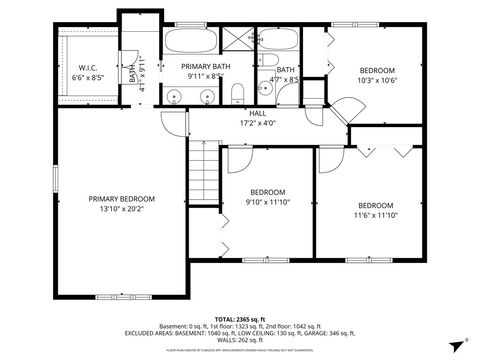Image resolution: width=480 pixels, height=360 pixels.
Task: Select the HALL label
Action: click(257, 113)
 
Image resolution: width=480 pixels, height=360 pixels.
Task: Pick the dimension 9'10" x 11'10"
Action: click(267, 202)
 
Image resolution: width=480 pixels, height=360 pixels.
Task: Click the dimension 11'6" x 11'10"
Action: click(376, 214)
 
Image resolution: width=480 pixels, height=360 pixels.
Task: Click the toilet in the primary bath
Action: click(236, 95)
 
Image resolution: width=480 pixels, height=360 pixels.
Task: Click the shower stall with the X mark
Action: click(240, 42)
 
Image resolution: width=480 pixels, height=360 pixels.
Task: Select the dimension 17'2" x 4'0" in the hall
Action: click(257, 124)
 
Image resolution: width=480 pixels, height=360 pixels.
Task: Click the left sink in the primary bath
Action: click(175, 97)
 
